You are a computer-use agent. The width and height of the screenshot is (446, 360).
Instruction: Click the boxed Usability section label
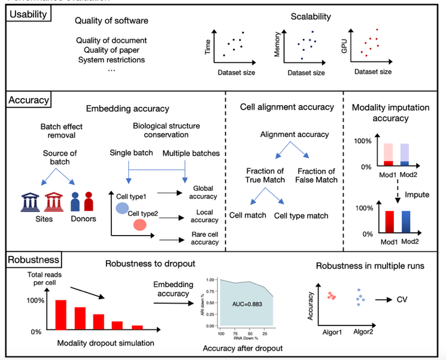(x=26, y=14)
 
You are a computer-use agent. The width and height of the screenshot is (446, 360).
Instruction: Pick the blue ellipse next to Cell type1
(x=122, y=208)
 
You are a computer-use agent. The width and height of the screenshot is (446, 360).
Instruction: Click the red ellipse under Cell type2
(x=140, y=224)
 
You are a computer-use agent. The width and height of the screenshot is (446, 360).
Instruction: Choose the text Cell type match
(x=301, y=215)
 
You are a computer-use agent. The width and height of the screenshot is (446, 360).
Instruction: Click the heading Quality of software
(x=111, y=21)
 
